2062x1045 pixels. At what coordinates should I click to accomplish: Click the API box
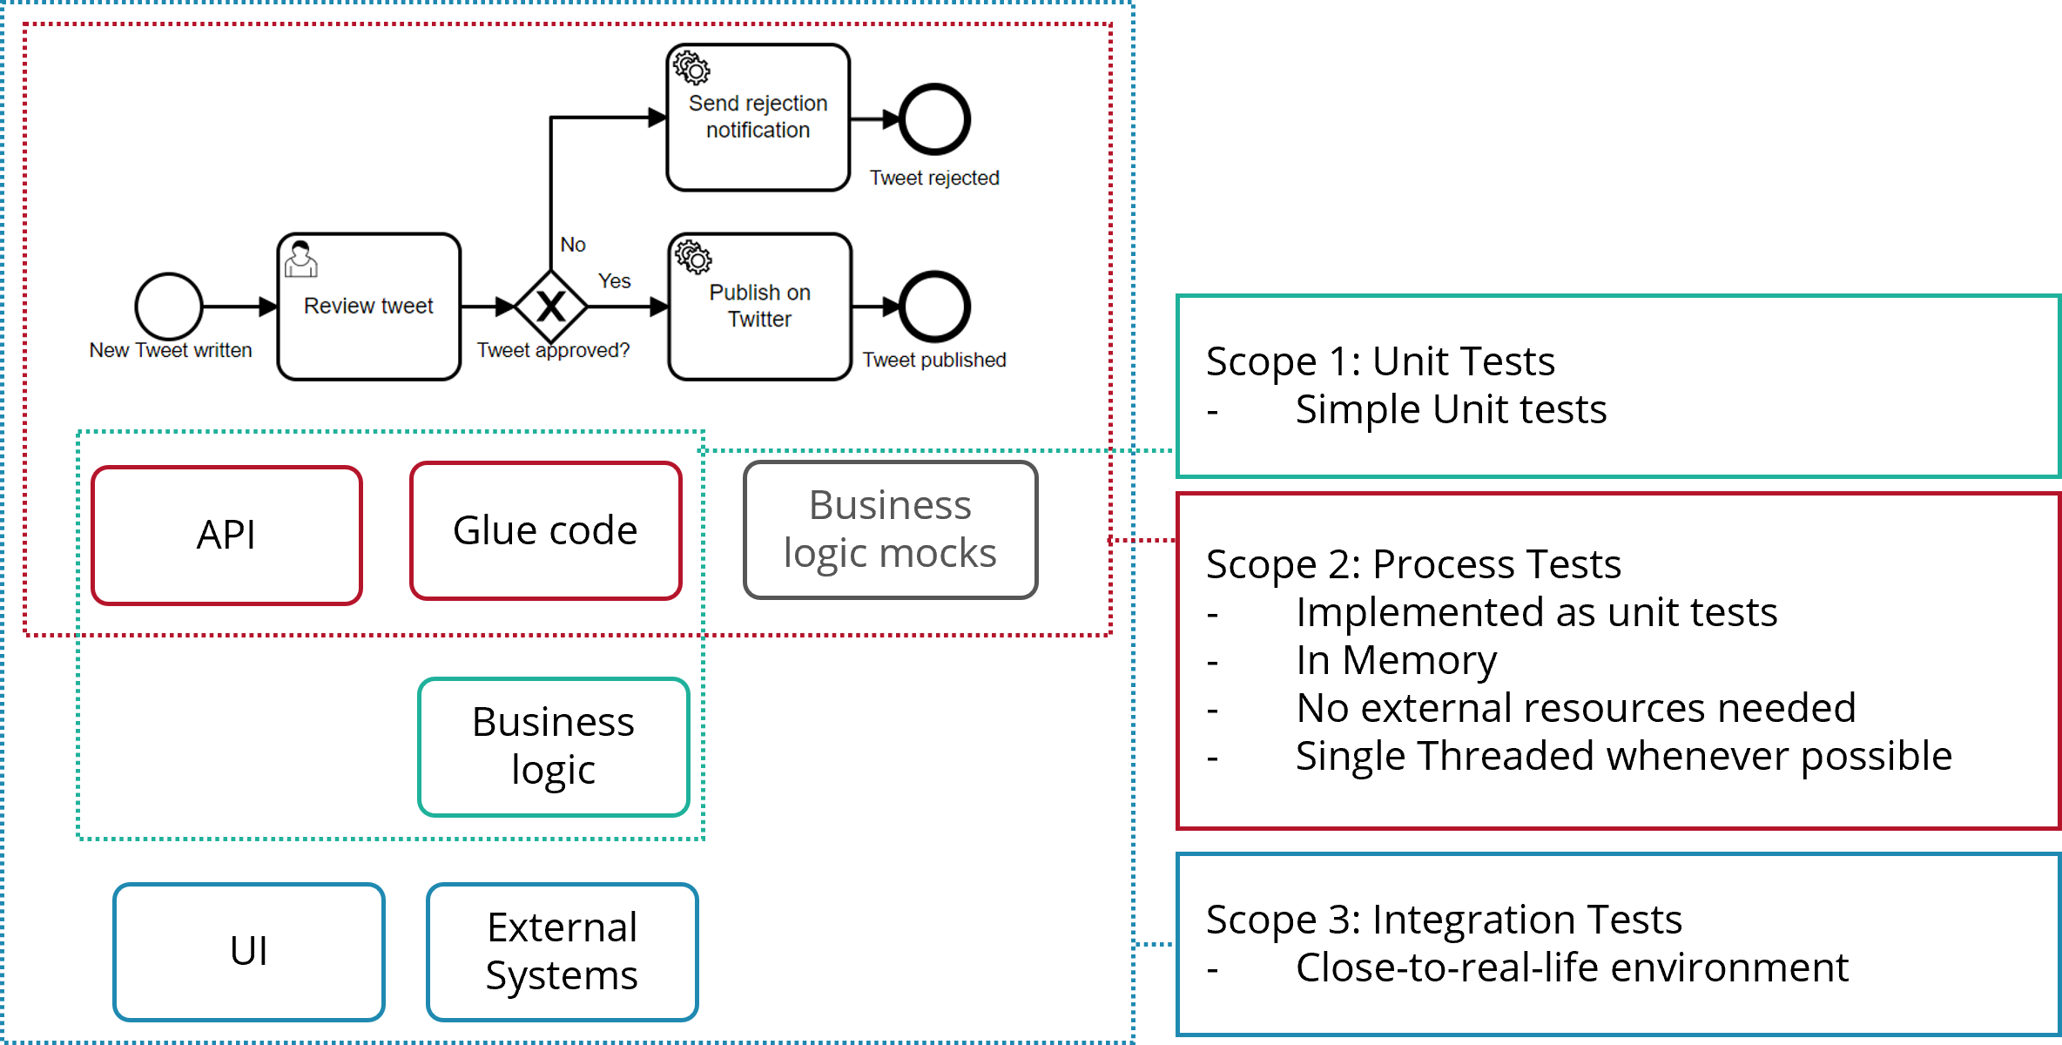coord(226,535)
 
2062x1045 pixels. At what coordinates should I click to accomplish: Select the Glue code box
coord(545,530)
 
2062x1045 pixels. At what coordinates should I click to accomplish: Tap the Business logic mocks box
coord(890,529)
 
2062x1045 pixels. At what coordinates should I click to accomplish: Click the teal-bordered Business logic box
coord(554,746)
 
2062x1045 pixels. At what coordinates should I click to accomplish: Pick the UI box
coord(249,951)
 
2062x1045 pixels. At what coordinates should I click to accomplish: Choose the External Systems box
coord(563,951)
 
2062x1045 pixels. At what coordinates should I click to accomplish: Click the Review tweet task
coord(368,307)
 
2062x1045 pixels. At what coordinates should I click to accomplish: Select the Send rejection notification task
coord(758,118)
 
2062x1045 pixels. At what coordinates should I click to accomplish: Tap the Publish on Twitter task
coord(759,307)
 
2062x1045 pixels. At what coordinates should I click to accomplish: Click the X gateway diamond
coord(550,307)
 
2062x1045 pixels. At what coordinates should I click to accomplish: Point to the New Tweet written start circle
coord(169,307)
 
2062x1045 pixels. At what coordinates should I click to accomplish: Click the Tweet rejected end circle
coord(934,119)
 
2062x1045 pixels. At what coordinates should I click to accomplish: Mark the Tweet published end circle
coord(934,307)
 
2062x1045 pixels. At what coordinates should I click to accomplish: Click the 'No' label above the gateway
coord(573,245)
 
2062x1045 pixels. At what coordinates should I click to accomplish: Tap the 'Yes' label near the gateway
coord(614,281)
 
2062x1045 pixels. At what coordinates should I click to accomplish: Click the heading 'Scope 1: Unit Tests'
coord(1380,361)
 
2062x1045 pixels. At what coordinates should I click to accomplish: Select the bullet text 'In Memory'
coord(1396,660)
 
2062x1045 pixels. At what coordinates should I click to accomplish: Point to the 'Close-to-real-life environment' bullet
coord(1572,967)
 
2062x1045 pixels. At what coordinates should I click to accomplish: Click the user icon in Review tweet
coord(300,260)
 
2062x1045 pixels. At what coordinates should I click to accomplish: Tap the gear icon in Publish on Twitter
coord(694,257)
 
